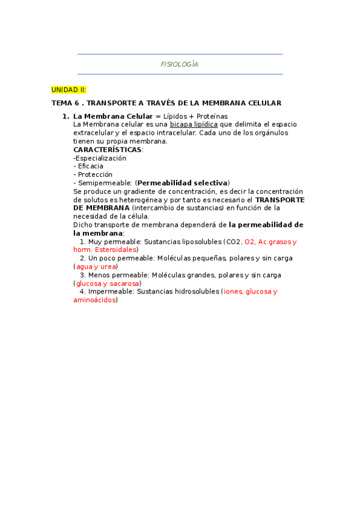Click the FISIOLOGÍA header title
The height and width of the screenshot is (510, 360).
tap(180, 64)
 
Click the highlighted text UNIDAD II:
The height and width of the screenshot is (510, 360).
tap(69, 90)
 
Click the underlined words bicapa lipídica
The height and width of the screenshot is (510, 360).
tap(194, 124)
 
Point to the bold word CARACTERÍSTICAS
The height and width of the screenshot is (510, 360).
tap(107, 149)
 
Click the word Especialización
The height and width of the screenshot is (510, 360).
tap(100, 158)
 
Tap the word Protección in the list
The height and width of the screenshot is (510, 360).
tap(94, 174)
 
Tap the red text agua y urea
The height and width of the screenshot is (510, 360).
tap(96, 266)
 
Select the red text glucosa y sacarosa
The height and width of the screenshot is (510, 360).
tap(107, 283)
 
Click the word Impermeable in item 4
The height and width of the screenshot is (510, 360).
tap(111, 292)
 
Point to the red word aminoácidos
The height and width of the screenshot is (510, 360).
tap(94, 300)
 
